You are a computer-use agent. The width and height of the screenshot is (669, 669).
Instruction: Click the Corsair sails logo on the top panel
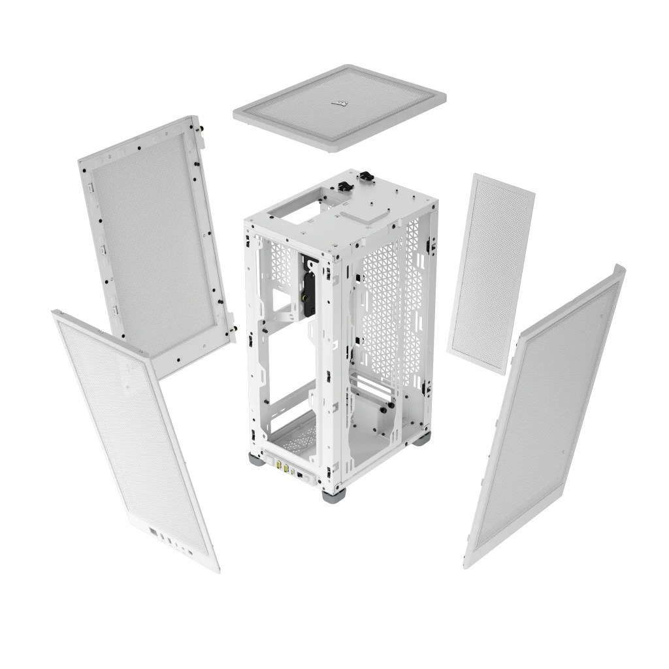tap(340, 103)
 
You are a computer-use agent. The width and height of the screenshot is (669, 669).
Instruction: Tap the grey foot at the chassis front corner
tap(333, 495)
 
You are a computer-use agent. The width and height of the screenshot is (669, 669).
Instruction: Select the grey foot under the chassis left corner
tap(257, 459)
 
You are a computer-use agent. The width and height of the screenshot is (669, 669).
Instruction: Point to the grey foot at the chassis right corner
tap(422, 438)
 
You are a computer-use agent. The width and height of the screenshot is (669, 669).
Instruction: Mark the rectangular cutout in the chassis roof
tap(295, 210)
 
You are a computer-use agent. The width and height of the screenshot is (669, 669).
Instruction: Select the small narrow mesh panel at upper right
tap(491, 273)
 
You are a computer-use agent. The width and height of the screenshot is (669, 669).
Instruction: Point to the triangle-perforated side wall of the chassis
tap(389, 307)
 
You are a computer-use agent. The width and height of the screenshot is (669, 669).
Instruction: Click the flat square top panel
tap(340, 106)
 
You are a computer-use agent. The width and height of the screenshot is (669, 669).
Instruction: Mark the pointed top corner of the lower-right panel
tap(619, 267)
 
